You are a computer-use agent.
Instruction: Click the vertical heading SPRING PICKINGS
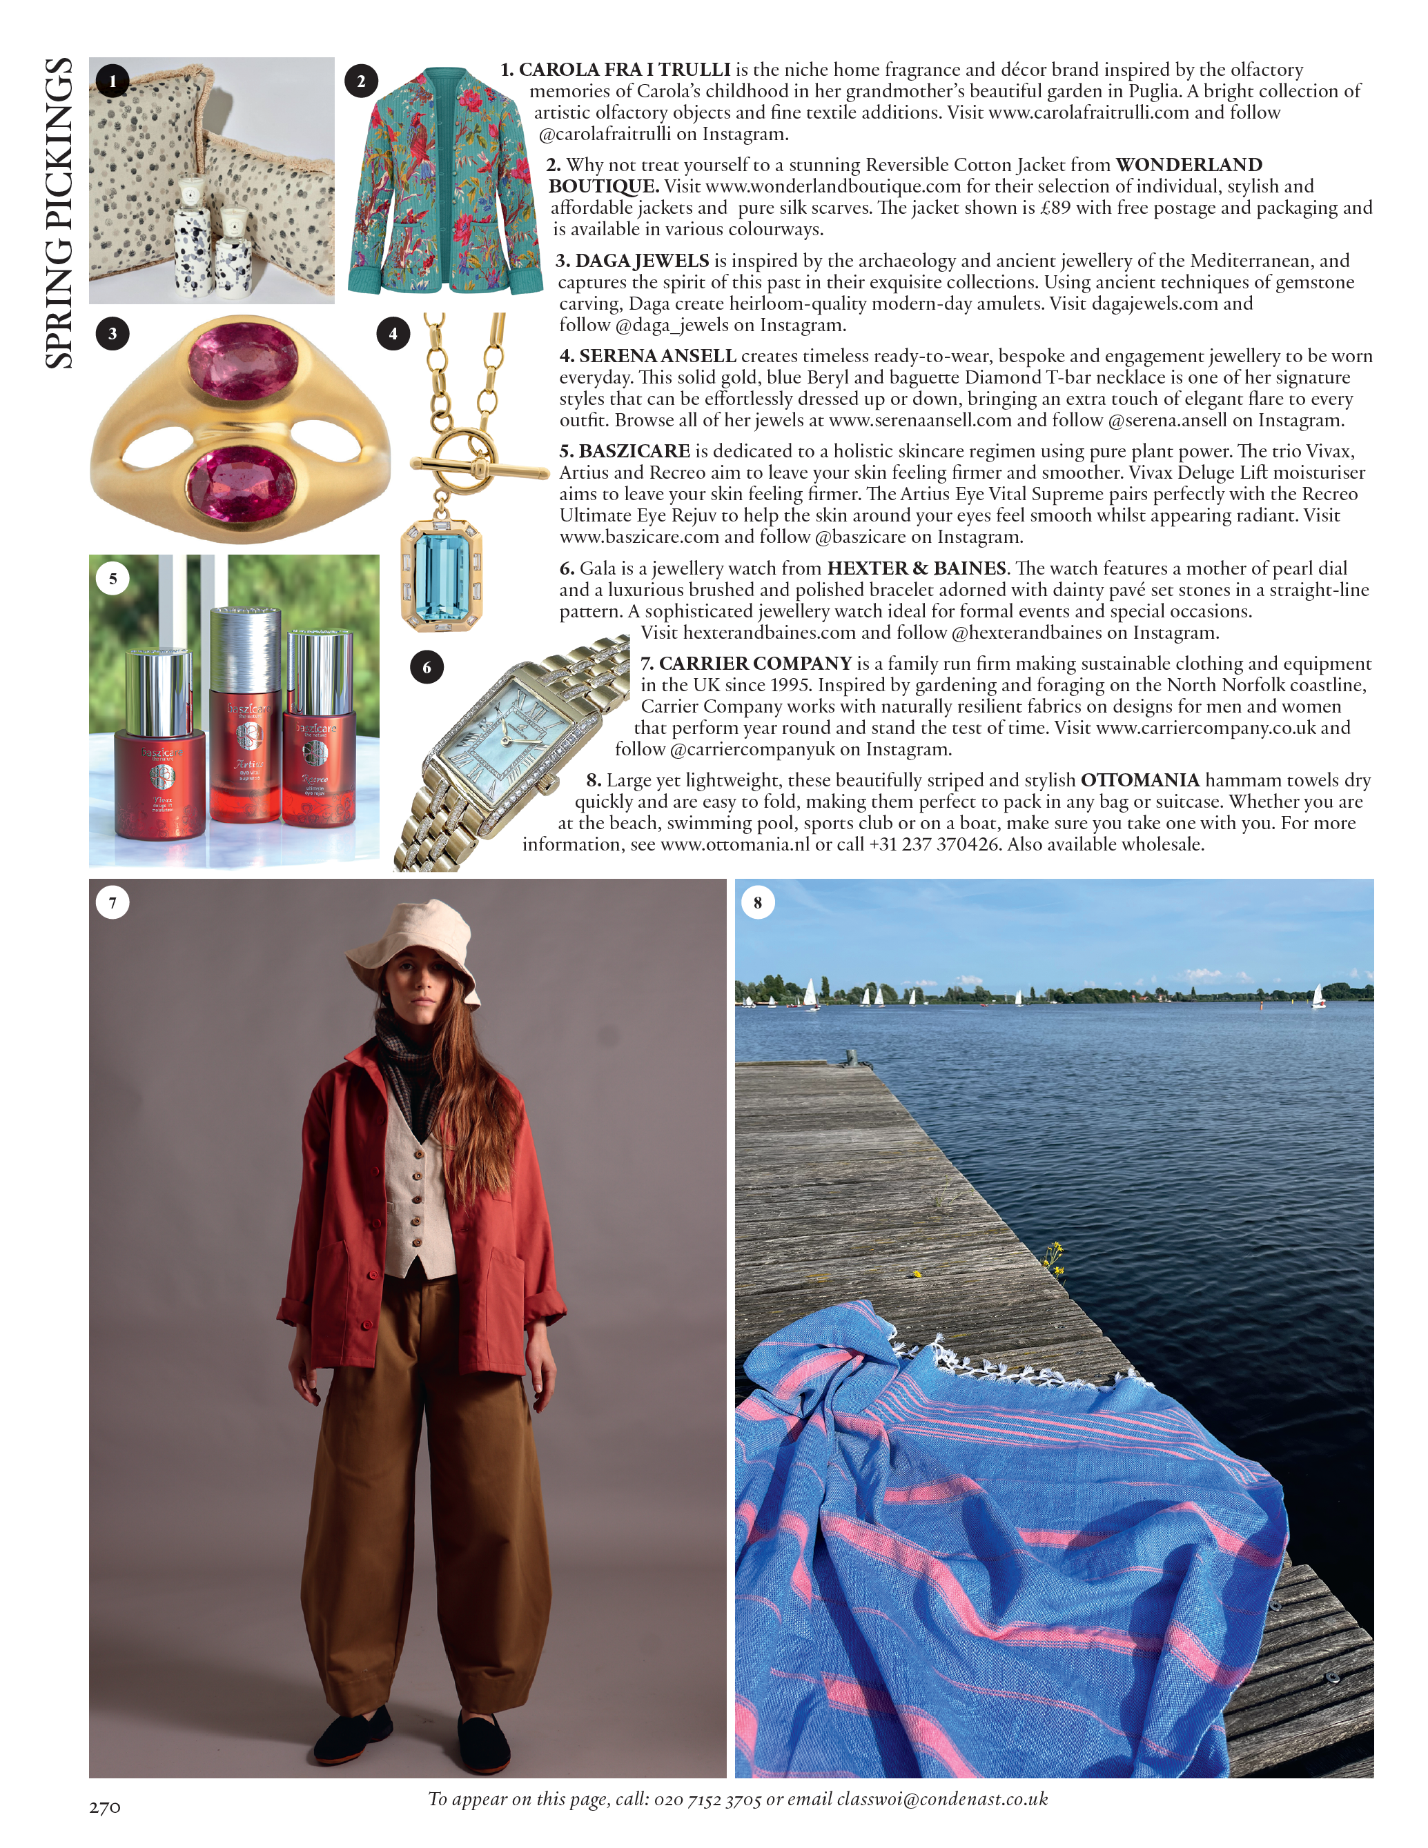click(x=59, y=213)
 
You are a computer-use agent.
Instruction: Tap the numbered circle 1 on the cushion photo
click(x=113, y=81)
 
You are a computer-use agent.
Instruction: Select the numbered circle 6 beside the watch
click(x=427, y=668)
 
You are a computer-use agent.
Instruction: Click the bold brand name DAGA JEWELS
click(x=642, y=261)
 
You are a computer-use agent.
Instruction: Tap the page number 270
click(x=105, y=1807)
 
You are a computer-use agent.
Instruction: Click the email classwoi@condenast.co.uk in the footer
click(x=942, y=1799)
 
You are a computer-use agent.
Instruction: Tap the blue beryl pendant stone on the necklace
click(x=441, y=574)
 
